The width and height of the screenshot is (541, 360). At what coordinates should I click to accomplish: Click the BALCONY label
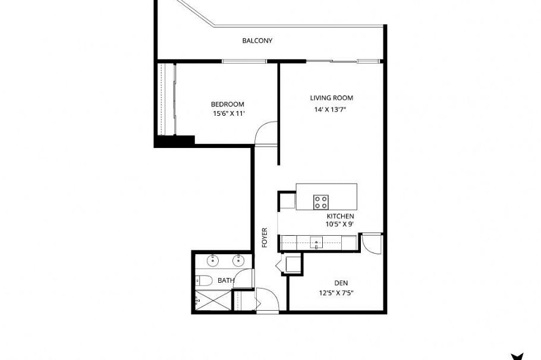[x=257, y=41]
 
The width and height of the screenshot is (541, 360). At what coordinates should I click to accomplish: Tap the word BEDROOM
[x=227, y=105]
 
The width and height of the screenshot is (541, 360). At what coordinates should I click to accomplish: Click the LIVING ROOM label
[x=331, y=98]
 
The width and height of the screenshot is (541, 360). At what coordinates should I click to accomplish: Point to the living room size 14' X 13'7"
[x=331, y=109]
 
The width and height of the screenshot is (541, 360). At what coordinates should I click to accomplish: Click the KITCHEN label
[x=341, y=216]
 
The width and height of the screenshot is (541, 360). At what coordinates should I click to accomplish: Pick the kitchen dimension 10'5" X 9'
[x=339, y=225]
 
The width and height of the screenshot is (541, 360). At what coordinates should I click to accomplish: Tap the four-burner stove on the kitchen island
[x=321, y=201]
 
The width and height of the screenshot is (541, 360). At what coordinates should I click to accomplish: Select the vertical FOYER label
[x=265, y=238]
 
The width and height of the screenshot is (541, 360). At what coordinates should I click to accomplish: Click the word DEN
[x=341, y=283]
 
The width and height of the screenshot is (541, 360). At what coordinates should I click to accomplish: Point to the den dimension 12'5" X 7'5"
[x=339, y=292]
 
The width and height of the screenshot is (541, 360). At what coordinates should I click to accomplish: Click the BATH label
[x=225, y=280]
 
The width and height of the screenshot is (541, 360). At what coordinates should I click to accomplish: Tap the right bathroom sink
[x=239, y=260]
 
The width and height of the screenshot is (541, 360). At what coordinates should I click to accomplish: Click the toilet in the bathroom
[x=203, y=280]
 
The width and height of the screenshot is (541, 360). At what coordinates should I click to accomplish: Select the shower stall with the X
[x=212, y=301]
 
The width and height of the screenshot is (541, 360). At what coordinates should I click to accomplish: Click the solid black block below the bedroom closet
[x=174, y=141]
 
